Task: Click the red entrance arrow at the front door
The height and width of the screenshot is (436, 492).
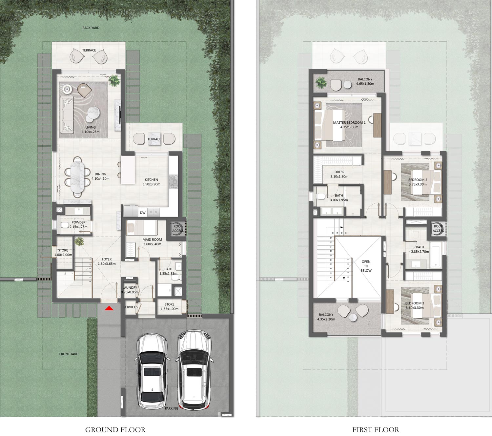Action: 109,308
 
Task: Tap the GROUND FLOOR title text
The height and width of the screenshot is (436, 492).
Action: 115,429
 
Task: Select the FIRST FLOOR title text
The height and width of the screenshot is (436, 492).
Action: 376,429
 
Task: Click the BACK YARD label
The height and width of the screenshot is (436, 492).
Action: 91,28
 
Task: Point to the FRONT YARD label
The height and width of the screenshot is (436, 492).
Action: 69,354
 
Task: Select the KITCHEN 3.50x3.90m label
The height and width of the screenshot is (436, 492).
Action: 151,182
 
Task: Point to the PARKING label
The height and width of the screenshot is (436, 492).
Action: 172,408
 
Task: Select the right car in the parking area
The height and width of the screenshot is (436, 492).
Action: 194,369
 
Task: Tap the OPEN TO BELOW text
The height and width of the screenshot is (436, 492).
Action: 366,266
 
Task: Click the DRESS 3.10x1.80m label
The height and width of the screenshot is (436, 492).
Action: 339,174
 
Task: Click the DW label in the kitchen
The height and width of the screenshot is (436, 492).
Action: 143,213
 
